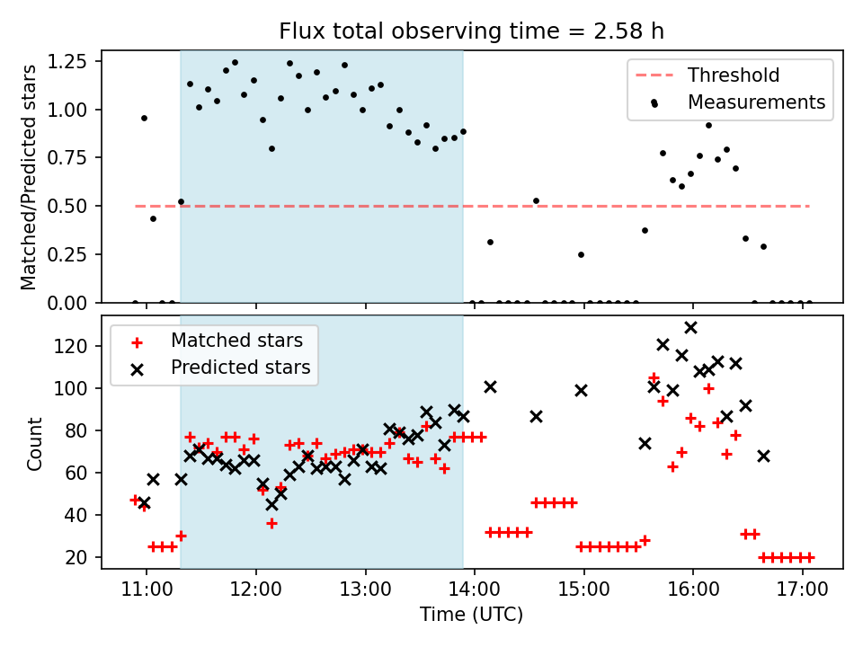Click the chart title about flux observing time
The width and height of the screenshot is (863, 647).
471,31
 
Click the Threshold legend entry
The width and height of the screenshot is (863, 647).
734,75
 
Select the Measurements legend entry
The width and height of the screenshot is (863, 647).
756,102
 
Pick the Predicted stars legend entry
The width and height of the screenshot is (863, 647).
240,368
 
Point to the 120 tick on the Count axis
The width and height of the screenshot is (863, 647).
78,347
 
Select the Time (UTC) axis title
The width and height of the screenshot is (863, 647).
471,616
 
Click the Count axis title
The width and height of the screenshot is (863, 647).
35,443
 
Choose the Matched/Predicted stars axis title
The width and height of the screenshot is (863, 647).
30,177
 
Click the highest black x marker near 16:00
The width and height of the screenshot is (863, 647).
690,328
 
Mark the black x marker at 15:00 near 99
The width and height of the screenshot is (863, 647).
581,390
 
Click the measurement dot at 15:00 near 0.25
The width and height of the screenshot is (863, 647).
581,254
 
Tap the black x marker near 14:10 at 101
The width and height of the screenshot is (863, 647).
490,386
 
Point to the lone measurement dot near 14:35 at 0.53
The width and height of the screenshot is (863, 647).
536,200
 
